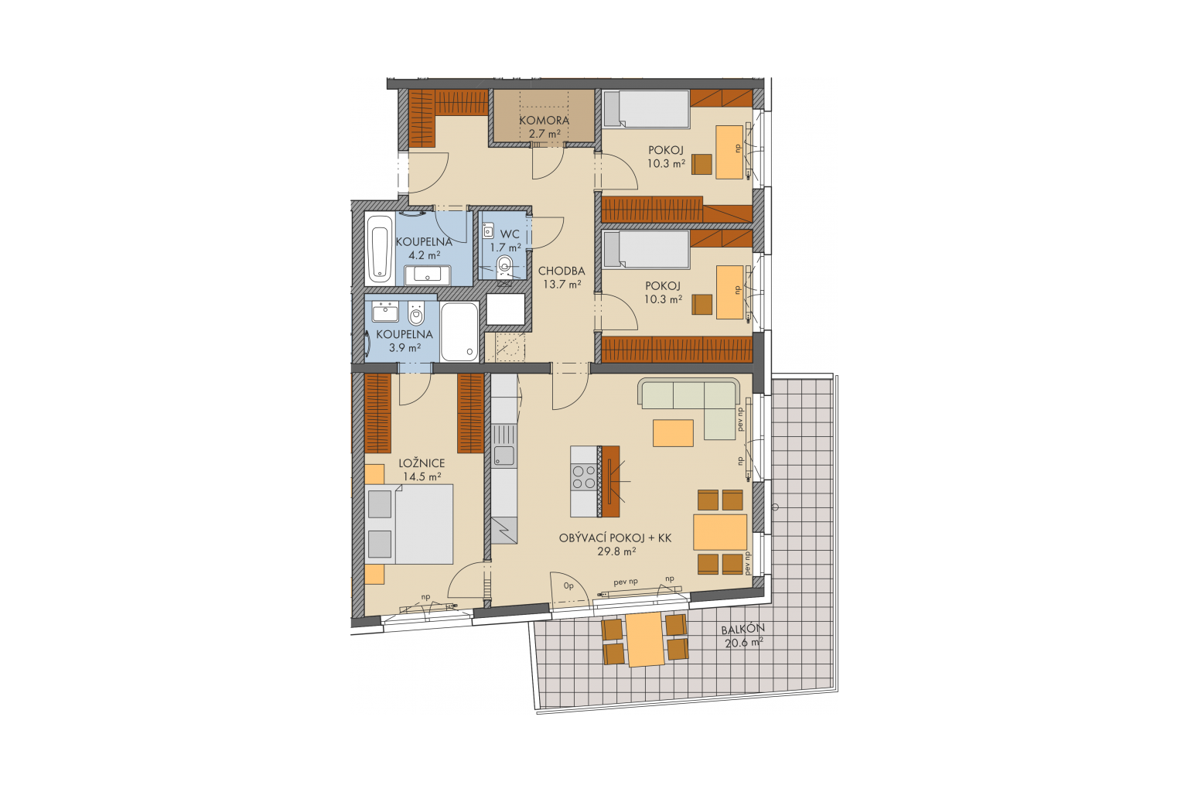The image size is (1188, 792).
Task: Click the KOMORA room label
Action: pyautogui.click(x=544, y=121)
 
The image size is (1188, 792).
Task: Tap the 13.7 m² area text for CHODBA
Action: pyautogui.click(x=562, y=285)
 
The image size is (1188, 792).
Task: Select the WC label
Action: pyautogui.click(x=510, y=234)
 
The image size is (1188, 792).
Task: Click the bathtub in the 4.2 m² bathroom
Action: pyautogui.click(x=379, y=248)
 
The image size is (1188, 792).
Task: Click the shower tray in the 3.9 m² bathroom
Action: pyautogui.click(x=459, y=332)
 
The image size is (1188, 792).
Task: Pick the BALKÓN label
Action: pyautogui.click(x=742, y=629)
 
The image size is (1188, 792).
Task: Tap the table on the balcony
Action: pyautogui.click(x=645, y=640)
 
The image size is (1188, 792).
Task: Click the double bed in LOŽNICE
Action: pyautogui.click(x=408, y=524)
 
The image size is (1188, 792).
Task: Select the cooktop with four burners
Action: pyautogui.click(x=584, y=477)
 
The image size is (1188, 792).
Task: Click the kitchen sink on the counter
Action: pyautogui.click(x=504, y=455)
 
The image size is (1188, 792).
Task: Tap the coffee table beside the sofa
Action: pyautogui.click(x=673, y=433)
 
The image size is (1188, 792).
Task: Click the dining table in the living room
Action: pyautogui.click(x=720, y=532)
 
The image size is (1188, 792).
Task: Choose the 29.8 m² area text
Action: pyautogui.click(x=616, y=551)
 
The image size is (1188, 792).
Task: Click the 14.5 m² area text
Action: pyautogui.click(x=422, y=477)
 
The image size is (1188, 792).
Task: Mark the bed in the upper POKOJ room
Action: pyautogui.click(x=646, y=109)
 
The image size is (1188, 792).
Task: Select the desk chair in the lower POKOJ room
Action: pyautogui.click(x=702, y=305)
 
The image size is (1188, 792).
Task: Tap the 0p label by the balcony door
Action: pyautogui.click(x=568, y=586)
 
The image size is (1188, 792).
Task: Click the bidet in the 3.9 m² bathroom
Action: pyautogui.click(x=416, y=314)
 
